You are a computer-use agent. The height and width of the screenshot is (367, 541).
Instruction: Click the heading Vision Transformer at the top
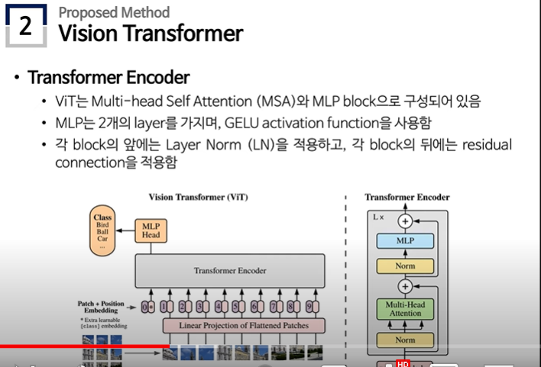[x=151, y=33]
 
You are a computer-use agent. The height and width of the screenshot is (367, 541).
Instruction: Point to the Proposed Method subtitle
[x=114, y=12]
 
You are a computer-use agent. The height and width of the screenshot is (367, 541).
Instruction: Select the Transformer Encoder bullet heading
[x=109, y=78]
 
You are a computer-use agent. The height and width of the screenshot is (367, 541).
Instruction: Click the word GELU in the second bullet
[x=251, y=123]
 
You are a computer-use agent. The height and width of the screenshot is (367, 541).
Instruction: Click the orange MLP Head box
[x=149, y=231]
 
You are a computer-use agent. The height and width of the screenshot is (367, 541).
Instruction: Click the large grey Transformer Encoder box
[x=229, y=270]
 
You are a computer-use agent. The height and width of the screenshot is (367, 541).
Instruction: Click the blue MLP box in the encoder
[x=405, y=240]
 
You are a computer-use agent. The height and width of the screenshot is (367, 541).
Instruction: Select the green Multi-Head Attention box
[x=405, y=308]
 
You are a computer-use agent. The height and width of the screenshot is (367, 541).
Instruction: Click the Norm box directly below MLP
[x=405, y=266]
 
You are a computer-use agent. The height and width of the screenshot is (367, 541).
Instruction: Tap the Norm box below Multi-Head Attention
[x=405, y=340]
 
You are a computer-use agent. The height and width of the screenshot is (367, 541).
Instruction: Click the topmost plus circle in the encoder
[x=405, y=221]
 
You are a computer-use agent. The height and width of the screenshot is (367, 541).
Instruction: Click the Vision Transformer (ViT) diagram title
[x=198, y=197]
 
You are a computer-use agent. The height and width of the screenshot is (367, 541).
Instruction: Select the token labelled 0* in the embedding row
[x=148, y=307]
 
